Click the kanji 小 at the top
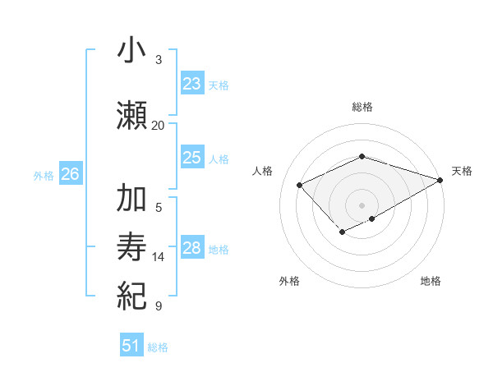coord(131,51)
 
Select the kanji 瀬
coord(131,117)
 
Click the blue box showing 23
coord(192,84)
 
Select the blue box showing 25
coord(192,158)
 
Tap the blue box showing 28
coord(192,248)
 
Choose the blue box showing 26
coord(71,174)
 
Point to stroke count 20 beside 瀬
coord(158,126)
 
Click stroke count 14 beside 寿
coord(159,257)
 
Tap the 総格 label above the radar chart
coord(362,107)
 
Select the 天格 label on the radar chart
coord(462,171)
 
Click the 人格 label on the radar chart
coord(263,171)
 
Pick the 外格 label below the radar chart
coord(289,281)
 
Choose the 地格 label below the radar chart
coord(431,281)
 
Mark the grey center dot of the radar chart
coord(362,204)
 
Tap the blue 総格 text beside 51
coord(158,347)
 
